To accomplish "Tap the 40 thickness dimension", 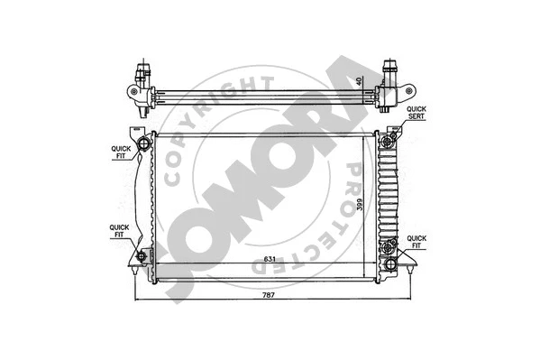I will (360, 80).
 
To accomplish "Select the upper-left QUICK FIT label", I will (120, 152).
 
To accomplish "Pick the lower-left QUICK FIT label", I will (120, 232).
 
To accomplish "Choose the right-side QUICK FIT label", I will (416, 241).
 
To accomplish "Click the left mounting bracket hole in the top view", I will (133, 92).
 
